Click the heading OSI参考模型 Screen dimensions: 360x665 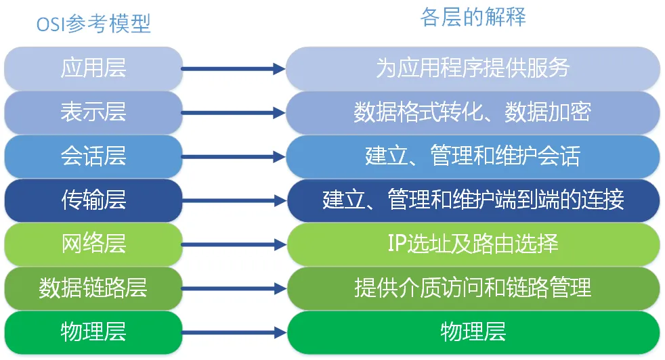pyautogui.click(x=93, y=24)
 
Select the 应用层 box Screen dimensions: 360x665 pyautogui.click(x=93, y=68)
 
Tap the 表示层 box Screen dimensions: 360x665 pyautogui.click(x=93, y=112)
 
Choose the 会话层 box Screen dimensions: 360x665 pyautogui.click(x=93, y=157)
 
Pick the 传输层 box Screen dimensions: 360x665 pyautogui.click(x=93, y=200)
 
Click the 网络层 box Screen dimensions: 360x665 pyautogui.click(x=93, y=244)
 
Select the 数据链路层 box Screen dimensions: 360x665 pyautogui.click(x=93, y=288)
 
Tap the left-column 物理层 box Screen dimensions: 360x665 pyautogui.click(x=93, y=332)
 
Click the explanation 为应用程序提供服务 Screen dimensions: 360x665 pyautogui.click(x=473, y=68)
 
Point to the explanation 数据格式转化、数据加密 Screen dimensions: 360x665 pyautogui.click(x=473, y=112)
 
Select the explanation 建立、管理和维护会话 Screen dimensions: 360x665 pyautogui.click(x=473, y=157)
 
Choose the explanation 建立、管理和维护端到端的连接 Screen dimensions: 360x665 pyautogui.click(x=473, y=200)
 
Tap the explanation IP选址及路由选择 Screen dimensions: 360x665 pyautogui.click(x=473, y=244)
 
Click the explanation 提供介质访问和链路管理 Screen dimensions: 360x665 pyautogui.click(x=473, y=288)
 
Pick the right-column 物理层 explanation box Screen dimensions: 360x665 pyautogui.click(x=473, y=332)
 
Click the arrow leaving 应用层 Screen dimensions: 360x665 pyautogui.click(x=233, y=68)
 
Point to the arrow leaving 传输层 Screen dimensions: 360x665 pyautogui.click(x=233, y=200)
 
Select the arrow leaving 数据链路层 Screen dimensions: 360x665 pyautogui.click(x=233, y=288)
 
